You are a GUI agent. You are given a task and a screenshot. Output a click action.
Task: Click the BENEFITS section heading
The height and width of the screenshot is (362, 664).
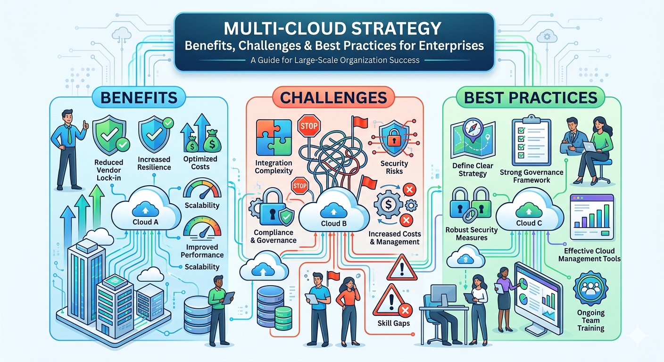click(139, 98)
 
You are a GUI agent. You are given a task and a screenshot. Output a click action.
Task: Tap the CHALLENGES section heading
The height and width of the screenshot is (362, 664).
click(333, 98)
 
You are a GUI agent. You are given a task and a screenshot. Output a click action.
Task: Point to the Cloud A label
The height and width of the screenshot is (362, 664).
click(146, 222)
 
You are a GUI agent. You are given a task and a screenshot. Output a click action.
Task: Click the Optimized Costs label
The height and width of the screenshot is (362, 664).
click(200, 163)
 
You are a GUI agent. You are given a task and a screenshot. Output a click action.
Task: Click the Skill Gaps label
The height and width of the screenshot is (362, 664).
click(393, 323)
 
